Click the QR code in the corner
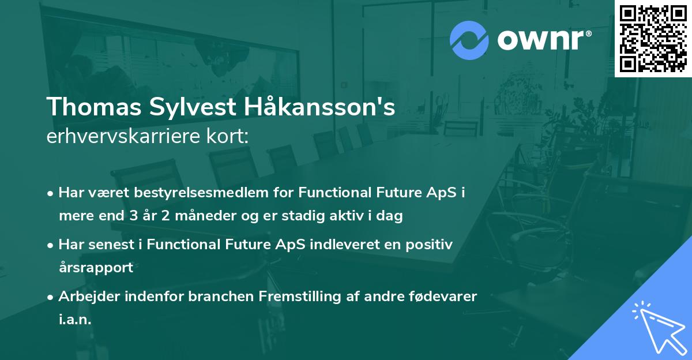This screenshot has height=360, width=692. coord(653,38)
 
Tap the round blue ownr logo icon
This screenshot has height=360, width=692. coord(469,40)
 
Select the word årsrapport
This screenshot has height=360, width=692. coord(96,268)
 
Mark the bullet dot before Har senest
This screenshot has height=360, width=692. coord(51,245)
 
